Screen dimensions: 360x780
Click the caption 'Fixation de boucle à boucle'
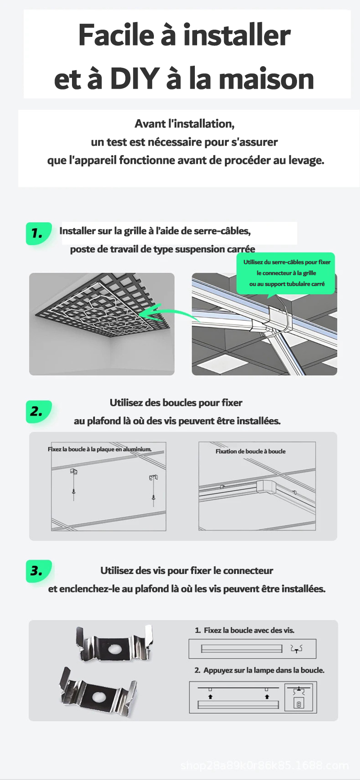coord(250,451)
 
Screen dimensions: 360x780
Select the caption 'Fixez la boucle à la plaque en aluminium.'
coord(99,449)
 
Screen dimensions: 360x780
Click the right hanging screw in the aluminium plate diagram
coord(154,487)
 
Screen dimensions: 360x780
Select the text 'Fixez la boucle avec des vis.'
coord(249,630)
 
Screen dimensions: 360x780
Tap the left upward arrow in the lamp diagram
coord(210,696)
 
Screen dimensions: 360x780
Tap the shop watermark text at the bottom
coord(265,766)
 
